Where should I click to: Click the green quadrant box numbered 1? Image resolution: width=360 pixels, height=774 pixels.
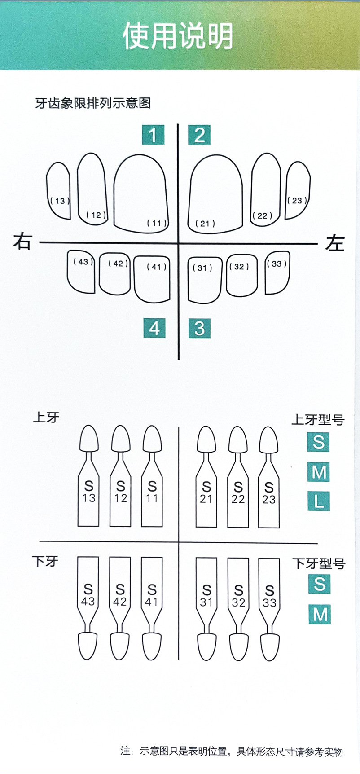coord(153,135)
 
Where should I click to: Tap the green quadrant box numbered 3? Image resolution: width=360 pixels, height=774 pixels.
coord(199,328)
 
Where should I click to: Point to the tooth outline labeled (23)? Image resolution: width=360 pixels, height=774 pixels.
coord(298,191)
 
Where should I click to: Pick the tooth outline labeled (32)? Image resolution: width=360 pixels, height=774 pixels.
coord(241,275)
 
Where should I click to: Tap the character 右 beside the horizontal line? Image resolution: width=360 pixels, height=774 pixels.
coord(22,242)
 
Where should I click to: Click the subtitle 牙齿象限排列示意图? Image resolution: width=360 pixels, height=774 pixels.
coord(93,103)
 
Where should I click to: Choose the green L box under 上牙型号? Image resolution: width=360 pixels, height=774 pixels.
coord(319,501)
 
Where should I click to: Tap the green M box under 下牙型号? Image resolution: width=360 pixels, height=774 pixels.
coord(320,614)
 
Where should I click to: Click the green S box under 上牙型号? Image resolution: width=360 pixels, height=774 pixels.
coord(319,442)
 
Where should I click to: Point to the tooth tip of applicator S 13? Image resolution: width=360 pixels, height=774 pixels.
coord(89,439)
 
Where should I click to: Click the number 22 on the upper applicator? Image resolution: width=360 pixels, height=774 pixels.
coord(238,499)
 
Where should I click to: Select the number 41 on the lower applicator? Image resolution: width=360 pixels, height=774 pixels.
coord(152,602)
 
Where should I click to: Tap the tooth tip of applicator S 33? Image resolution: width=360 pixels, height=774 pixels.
coord(269,646)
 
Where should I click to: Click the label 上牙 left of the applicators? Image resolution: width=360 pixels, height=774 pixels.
coord(46,417)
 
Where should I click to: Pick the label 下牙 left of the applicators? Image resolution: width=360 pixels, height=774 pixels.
coord(45,561)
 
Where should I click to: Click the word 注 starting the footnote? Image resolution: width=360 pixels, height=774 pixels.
coord(125,752)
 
